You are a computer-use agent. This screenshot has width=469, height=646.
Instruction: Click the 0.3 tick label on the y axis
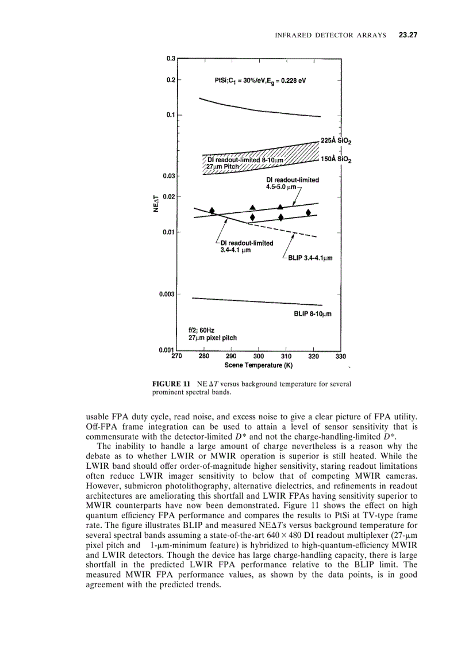pos(171,59)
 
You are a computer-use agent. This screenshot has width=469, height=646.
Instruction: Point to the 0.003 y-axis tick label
pos(167,295)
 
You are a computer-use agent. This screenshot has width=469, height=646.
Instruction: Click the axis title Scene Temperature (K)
pos(259,365)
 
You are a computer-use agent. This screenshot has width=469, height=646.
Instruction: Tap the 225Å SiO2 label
pos(336,140)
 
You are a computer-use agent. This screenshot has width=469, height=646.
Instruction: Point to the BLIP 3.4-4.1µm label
pos(310,258)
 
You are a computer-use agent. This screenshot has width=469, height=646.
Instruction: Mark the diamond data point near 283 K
pos(212,211)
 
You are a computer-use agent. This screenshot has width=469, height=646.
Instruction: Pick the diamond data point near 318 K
pos(309,213)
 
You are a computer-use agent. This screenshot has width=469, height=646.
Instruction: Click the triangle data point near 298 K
pos(253,207)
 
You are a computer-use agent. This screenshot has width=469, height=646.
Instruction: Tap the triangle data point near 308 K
pos(280,207)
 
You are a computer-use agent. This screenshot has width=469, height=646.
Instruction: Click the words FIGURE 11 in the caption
pos(171,383)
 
